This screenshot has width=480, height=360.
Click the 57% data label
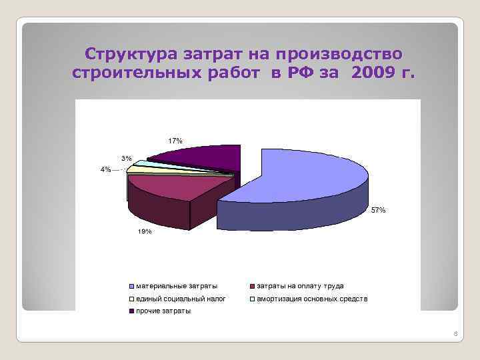pyautogui.click(x=378, y=210)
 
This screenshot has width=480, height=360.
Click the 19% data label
pyautogui.click(x=145, y=231)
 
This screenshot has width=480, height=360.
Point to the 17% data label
pyautogui.click(x=175, y=141)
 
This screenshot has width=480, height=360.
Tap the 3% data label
pyautogui.click(x=126, y=159)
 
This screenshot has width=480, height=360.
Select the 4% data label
pyautogui.click(x=105, y=169)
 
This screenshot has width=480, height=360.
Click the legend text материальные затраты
pyautogui.click(x=177, y=285)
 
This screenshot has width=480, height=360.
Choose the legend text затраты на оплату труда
pyautogui.click(x=300, y=285)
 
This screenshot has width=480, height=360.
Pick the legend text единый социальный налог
pyautogui.click(x=177, y=299)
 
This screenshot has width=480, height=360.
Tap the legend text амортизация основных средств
pyautogui.click(x=312, y=299)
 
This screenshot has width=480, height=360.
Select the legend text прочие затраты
pyautogui.click(x=163, y=311)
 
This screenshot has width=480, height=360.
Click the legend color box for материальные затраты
pyautogui.click(x=132, y=286)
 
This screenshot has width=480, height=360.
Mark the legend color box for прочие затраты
pyautogui.click(x=132, y=311)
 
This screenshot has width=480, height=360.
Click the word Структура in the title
pyautogui.click(x=124, y=53)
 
